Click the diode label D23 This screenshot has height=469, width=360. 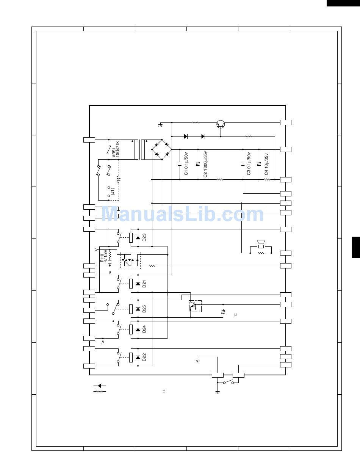click(144, 237)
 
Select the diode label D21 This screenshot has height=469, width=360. click(144, 284)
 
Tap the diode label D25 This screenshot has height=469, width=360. click(144, 309)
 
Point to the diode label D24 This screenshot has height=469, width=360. click(144, 329)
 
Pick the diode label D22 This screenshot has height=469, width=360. click(144, 357)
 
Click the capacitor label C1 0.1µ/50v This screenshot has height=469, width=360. click(186, 163)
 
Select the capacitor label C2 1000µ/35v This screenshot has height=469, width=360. click(205, 164)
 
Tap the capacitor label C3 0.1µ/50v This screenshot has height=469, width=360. click(249, 163)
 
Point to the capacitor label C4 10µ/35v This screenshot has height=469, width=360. click(266, 164)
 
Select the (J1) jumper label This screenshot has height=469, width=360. click(113, 191)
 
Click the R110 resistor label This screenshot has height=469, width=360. click(102, 258)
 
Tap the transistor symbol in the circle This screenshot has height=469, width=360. click(221, 124)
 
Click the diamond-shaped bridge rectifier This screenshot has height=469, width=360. click(162, 149)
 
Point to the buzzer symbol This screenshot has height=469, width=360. click(261, 244)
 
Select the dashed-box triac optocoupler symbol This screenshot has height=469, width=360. click(130, 260)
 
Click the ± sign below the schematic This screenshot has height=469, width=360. click(164, 391)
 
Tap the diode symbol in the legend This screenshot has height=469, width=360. click(100, 386)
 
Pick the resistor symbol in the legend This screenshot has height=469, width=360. click(100, 391)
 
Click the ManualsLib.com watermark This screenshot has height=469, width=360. click(183, 214)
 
